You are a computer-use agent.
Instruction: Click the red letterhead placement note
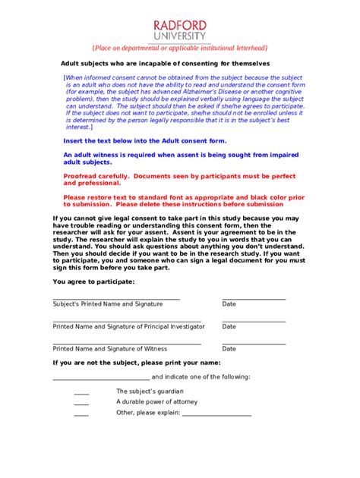click(x=179, y=48)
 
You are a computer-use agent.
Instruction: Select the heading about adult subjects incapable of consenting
click(x=166, y=63)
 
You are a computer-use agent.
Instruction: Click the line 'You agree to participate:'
click(x=93, y=281)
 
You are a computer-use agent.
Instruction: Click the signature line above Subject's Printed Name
click(x=116, y=299)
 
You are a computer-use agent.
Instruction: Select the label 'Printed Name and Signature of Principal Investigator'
click(x=128, y=326)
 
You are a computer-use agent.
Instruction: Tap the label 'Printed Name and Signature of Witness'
click(x=109, y=349)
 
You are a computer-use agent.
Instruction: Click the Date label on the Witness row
click(x=229, y=349)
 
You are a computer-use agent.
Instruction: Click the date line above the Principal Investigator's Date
click(x=254, y=322)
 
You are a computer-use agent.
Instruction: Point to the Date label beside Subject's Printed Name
click(x=229, y=303)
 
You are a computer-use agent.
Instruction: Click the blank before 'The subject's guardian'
click(x=81, y=393)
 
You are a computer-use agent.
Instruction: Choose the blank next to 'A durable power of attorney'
click(x=81, y=404)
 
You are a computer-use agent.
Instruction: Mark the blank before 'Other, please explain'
click(x=81, y=415)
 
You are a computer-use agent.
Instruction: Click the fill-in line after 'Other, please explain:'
click(x=216, y=415)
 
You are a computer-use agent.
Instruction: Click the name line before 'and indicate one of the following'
click(x=101, y=379)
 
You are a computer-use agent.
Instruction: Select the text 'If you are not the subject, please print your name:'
click(x=137, y=363)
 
